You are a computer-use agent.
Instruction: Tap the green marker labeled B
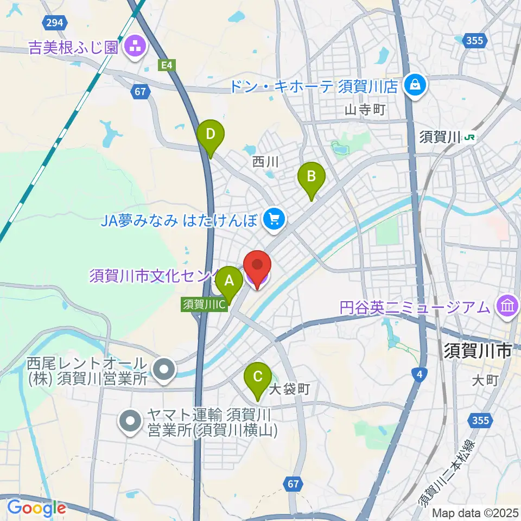point(312,177)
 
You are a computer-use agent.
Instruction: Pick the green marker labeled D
point(211,134)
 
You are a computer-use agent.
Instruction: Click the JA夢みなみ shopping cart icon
point(274,219)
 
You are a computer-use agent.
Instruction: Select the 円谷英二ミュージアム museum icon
point(507,307)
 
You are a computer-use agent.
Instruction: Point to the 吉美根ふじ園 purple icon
point(134,47)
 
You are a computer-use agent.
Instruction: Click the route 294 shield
point(54,22)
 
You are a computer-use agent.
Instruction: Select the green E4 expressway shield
point(168,65)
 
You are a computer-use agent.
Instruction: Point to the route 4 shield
point(418,373)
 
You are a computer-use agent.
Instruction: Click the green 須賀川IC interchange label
point(204,304)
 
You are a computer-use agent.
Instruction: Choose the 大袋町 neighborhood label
point(289,389)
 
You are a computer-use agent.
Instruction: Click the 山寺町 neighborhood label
point(365,110)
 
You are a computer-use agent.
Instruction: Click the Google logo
point(36,507)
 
